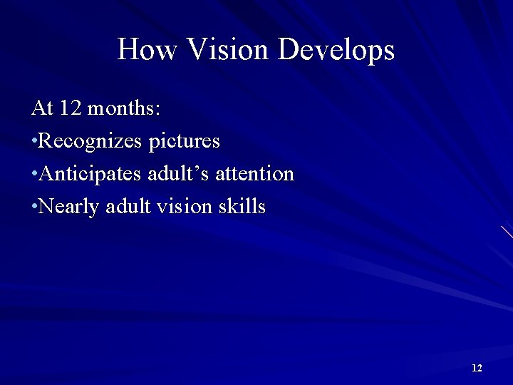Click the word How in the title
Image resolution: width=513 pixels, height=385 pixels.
click(x=147, y=49)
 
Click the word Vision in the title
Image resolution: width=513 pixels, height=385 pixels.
click(x=228, y=49)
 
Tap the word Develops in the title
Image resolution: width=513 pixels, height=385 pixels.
click(x=336, y=51)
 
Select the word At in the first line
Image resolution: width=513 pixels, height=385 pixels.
click(x=42, y=108)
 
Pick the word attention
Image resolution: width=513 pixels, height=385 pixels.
click(x=254, y=174)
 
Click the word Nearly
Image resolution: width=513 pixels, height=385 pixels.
click(x=70, y=207)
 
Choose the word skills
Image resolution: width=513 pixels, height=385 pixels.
click(x=242, y=207)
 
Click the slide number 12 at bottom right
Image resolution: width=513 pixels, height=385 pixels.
click(x=477, y=368)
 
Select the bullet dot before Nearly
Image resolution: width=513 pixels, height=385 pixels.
click(x=34, y=207)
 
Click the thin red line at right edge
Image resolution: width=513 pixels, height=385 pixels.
click(x=507, y=232)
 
